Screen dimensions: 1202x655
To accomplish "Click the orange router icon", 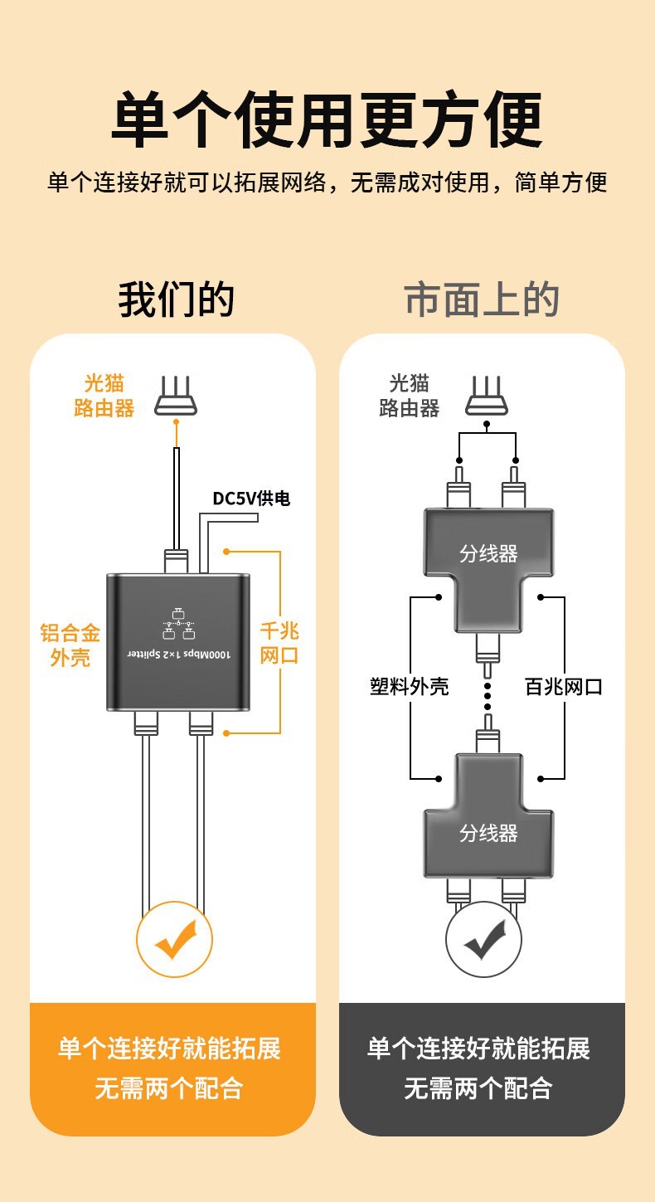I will coord(176,397).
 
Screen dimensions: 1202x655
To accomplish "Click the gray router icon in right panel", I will coord(487,396).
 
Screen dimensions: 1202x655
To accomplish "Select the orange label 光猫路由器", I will coord(104,396).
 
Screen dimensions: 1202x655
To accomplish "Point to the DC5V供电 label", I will coord(251,499).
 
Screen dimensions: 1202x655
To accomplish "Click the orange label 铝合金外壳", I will coord(70,645).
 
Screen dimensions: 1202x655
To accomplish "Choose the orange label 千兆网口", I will coord(279,643).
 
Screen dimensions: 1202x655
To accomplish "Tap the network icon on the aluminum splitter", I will coord(177,624).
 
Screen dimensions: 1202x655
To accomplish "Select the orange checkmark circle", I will coord(174,939).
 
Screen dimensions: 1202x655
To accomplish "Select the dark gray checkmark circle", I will coord(484,939).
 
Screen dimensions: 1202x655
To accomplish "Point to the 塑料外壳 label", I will coord(410,686).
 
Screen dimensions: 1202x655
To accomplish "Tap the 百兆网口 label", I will coord(564,686).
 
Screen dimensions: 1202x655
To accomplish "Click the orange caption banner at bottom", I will coord(172,1068).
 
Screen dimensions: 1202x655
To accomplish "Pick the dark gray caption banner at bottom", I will coord(482,1068).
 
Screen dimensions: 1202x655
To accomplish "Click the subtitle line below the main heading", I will coord(327,182).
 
